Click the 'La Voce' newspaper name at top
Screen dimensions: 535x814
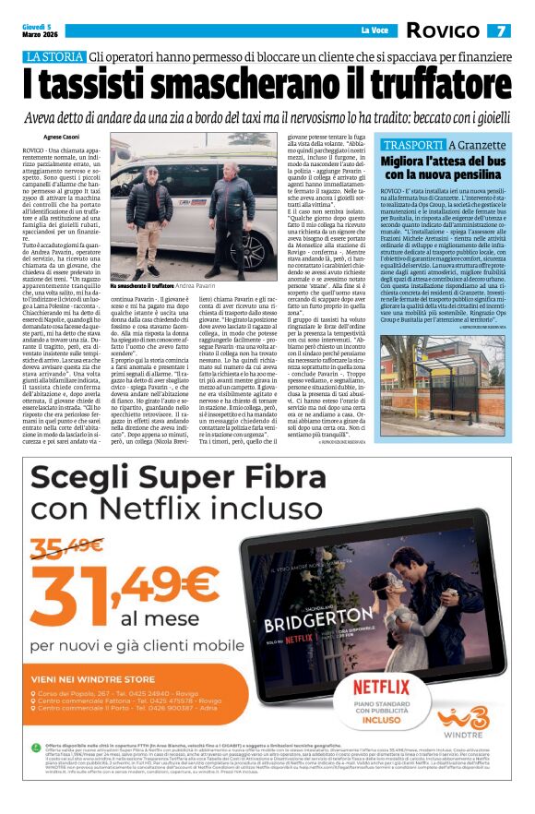tap(374, 30)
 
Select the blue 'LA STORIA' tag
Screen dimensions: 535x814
tap(53, 57)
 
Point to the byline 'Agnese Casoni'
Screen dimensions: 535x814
tap(64, 134)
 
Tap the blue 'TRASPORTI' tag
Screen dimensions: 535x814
tap(412, 145)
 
